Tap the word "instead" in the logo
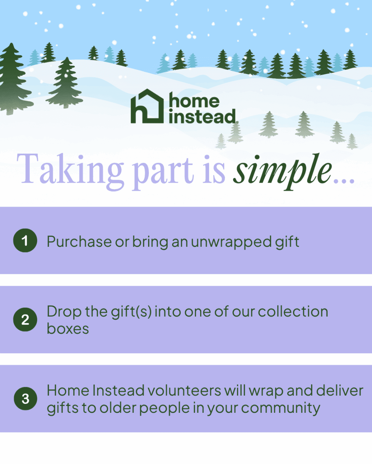(x=202, y=117)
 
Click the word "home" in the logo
(x=194, y=101)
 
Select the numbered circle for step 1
(x=25, y=241)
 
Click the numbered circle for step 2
(x=25, y=320)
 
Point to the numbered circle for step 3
(x=25, y=399)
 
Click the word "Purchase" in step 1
(x=79, y=242)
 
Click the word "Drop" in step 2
(x=64, y=312)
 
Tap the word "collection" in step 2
(x=293, y=311)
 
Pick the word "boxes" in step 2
(x=68, y=329)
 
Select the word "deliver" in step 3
(x=339, y=391)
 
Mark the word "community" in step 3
(x=280, y=408)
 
